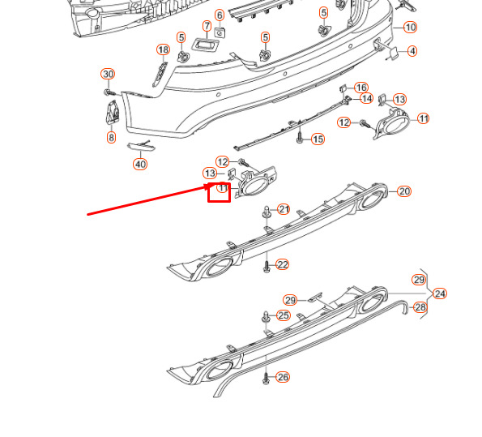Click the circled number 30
click(108, 74)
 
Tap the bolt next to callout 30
click(109, 92)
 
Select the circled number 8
click(111, 137)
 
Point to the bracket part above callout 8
click(112, 112)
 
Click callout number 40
click(140, 164)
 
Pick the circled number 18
click(163, 49)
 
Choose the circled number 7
click(207, 26)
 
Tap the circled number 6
click(220, 15)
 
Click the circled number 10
click(411, 28)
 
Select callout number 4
click(412, 51)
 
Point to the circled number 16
click(361, 88)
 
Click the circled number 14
click(366, 99)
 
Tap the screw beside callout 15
click(300, 138)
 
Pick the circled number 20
click(404, 191)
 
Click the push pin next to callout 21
click(267, 212)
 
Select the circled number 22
click(283, 264)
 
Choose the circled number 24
click(440, 293)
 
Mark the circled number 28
click(420, 307)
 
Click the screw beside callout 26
click(267, 379)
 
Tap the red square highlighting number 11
click(220, 193)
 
